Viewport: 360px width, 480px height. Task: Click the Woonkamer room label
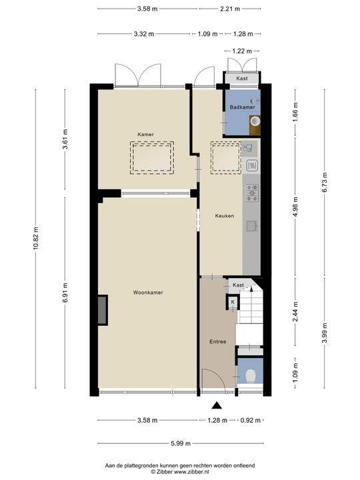pyautogui.click(x=148, y=293)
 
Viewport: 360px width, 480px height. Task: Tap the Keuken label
pyautogui.click(x=225, y=215)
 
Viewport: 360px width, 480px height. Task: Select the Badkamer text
pyautogui.click(x=242, y=107)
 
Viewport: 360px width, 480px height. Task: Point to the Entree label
pyautogui.click(x=217, y=341)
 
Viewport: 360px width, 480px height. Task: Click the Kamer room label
pyautogui.click(x=145, y=135)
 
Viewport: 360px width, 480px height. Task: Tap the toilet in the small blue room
pyautogui.click(x=251, y=376)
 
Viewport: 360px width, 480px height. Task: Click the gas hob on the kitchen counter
pyautogui.click(x=252, y=193)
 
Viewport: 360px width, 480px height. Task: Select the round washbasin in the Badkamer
pyautogui.click(x=255, y=121)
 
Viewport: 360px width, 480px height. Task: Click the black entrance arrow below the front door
pyautogui.click(x=217, y=405)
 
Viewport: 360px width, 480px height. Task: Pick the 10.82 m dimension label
pyautogui.click(x=36, y=239)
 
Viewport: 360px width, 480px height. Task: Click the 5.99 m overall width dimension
pyautogui.click(x=181, y=443)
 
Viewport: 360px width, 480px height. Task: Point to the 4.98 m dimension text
pyautogui.click(x=295, y=207)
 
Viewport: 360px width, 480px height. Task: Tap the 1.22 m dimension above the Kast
pyautogui.click(x=242, y=51)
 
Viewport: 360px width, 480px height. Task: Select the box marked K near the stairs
pyautogui.click(x=233, y=302)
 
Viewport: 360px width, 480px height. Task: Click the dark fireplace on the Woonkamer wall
pyautogui.click(x=103, y=310)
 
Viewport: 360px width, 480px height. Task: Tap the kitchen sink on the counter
pyautogui.click(x=251, y=226)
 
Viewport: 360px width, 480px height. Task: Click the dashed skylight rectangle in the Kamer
pyautogui.click(x=152, y=158)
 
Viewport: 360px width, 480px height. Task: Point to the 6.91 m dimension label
pyautogui.click(x=65, y=293)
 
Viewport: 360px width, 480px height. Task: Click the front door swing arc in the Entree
pyautogui.click(x=217, y=375)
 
